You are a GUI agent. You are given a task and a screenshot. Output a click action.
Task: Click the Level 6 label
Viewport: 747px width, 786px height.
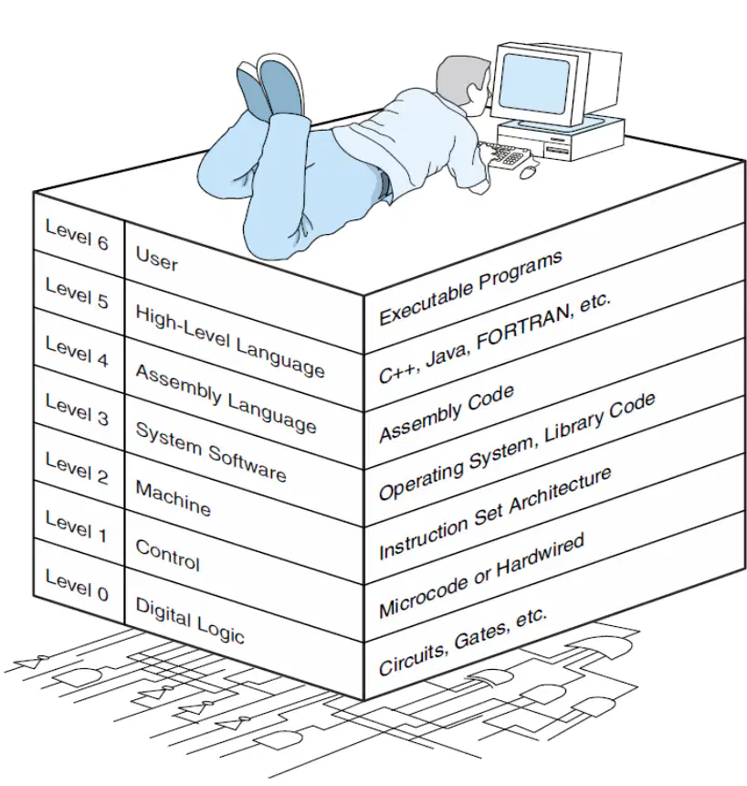pos(77,234)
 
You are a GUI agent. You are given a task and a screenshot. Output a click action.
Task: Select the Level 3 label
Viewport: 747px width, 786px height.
pos(77,409)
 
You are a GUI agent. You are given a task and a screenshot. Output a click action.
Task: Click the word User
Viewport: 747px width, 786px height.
pos(157,259)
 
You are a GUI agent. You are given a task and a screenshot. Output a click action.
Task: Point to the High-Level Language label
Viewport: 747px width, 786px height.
pos(230,341)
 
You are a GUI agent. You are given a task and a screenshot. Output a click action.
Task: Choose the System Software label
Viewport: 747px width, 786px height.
pos(211,451)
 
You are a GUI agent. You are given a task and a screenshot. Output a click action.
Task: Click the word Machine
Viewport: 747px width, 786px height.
pos(174,498)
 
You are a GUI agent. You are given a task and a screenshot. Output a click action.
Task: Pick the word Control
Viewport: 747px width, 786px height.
pos(168,555)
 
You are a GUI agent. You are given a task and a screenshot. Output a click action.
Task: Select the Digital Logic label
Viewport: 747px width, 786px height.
pos(190,620)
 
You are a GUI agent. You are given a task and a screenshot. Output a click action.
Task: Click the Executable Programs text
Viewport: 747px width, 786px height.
pos(471,287)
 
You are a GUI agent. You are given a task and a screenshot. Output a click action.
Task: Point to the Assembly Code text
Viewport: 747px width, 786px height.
pos(447,413)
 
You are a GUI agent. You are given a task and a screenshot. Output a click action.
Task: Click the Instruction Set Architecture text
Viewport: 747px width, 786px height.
pos(495,513)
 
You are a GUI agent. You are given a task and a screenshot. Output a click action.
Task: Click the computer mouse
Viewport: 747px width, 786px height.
pos(528,172)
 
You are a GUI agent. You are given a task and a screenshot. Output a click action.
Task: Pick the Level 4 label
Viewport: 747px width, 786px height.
pos(77,351)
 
